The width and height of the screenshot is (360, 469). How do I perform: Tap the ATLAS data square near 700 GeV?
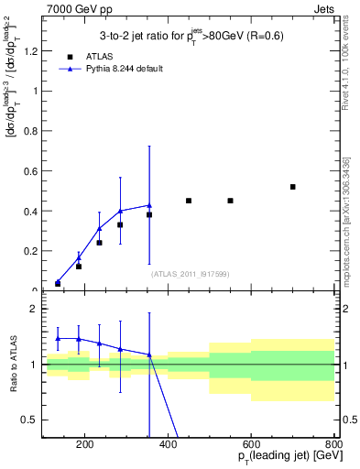pos(293,187)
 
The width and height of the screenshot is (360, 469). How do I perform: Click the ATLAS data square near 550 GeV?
pos(231,201)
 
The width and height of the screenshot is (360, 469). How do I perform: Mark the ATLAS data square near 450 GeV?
pos(189,201)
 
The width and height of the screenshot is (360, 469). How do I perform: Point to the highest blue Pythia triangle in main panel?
pos(149,205)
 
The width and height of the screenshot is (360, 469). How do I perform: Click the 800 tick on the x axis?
pos(333,444)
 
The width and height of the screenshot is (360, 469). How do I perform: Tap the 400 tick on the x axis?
pos(168,444)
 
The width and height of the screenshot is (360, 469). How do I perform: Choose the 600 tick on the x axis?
pos(251,444)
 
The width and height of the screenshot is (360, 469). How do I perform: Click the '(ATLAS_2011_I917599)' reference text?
pos(189,274)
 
